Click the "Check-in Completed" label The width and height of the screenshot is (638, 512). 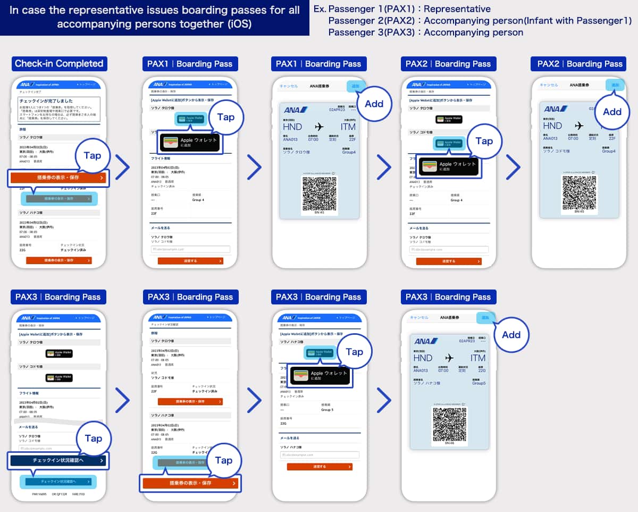(59, 63)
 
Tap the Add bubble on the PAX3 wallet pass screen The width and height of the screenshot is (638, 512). (511, 334)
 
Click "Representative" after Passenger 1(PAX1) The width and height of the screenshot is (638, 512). (457, 9)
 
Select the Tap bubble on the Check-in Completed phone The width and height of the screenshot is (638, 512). (93, 155)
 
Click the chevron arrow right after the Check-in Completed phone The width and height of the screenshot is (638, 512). (123, 168)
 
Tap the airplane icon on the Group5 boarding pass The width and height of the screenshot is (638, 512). (450, 358)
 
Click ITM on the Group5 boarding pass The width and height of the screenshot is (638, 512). (477, 358)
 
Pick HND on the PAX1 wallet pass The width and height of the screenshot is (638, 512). (292, 127)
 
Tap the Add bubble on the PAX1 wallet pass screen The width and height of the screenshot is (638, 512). (374, 104)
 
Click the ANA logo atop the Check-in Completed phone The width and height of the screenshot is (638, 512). (27, 85)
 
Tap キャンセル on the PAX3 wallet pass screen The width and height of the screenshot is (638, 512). (418, 318)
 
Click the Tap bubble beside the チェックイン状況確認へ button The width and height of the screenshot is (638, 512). (93, 438)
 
